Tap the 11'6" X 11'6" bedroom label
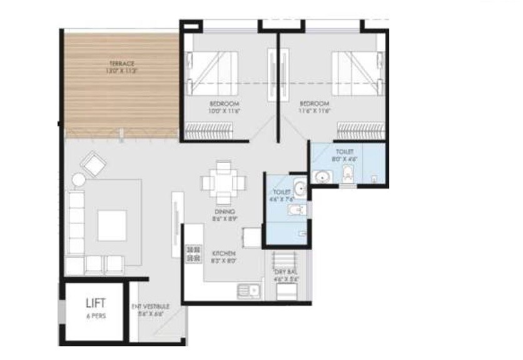314,106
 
